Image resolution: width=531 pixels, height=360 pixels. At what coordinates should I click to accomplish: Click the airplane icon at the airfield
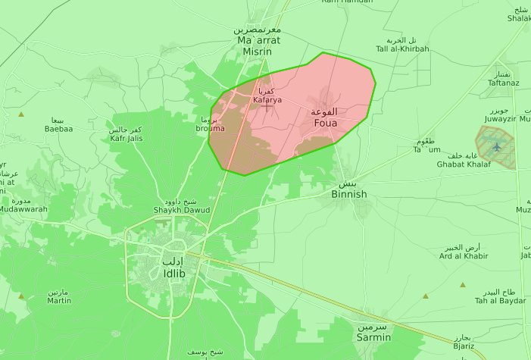496,146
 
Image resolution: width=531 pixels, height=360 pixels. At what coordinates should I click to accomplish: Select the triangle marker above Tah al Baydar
462,285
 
